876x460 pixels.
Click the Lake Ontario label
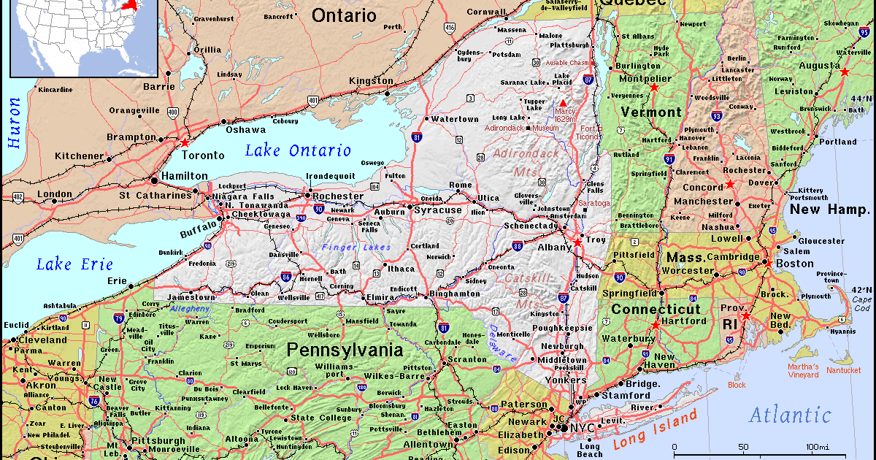[x=298, y=150]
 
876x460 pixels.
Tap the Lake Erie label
[x=75, y=264]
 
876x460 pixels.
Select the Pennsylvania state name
[x=345, y=350]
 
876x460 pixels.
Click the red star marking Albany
[x=577, y=242]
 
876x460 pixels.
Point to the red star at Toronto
[x=185, y=143]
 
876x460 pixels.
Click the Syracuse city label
[x=438, y=210]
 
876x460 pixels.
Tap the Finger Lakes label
[x=356, y=248]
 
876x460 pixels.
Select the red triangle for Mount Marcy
[x=563, y=103]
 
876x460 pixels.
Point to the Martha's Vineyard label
[x=802, y=371]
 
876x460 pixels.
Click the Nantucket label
[x=843, y=371]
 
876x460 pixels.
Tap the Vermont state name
[x=650, y=112]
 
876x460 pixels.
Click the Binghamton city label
[x=455, y=294]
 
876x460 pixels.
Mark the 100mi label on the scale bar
[x=816, y=447]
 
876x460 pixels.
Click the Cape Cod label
[x=861, y=303]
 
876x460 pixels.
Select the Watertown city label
[x=454, y=119]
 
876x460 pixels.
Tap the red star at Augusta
[x=845, y=72]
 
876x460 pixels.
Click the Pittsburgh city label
[x=158, y=440]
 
